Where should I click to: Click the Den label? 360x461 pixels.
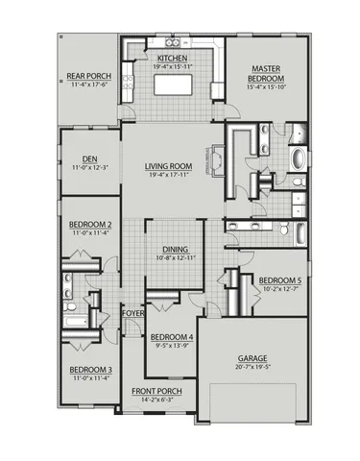click(87, 160)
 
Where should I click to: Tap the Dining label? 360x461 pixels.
click(175, 249)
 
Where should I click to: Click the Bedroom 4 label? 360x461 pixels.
click(172, 337)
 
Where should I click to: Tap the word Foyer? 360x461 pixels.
click(132, 313)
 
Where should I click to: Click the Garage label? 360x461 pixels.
click(252, 358)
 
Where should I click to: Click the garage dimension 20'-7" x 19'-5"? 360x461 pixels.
click(252, 367)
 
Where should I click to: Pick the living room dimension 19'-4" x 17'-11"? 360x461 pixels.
click(170, 175)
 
